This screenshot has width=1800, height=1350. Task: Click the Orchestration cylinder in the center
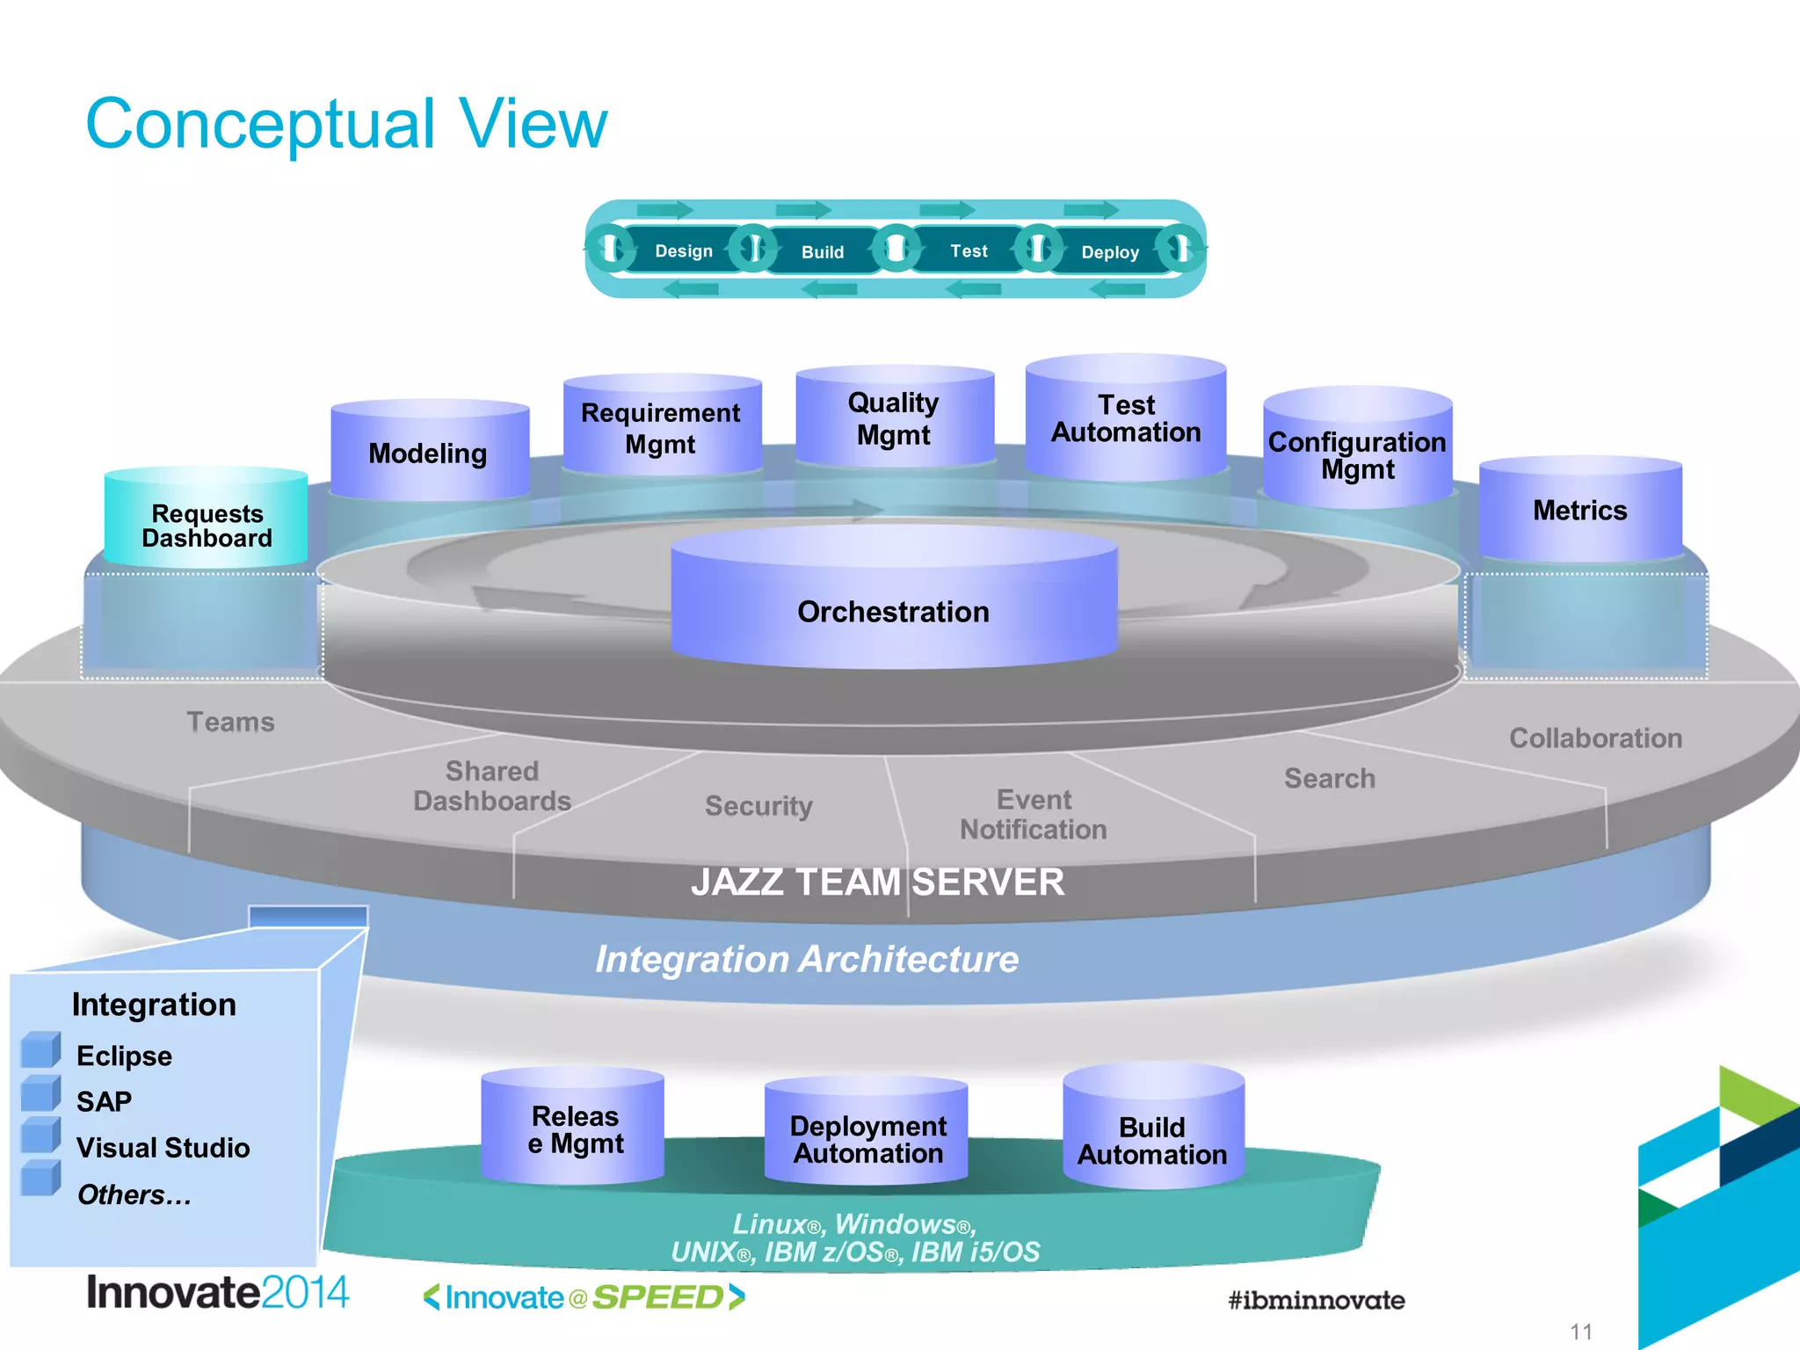[894, 606]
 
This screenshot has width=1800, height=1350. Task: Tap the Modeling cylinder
[429, 453]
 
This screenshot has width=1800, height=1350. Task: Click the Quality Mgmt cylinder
[894, 418]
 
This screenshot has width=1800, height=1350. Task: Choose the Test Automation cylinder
[1126, 418]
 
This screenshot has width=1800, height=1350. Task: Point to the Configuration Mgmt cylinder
[1357, 454]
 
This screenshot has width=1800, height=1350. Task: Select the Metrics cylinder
[1579, 511]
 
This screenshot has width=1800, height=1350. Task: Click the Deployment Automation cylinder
[867, 1137]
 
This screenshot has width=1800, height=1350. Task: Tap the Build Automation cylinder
[1152, 1139]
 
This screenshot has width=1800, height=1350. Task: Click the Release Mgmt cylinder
[575, 1129]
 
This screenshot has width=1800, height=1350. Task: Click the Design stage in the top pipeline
[683, 251]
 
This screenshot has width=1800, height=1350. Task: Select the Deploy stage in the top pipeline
[1109, 252]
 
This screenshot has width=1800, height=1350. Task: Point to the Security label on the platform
[758, 806]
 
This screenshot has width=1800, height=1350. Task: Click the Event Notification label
[1034, 815]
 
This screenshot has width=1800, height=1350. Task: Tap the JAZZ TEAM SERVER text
[877, 882]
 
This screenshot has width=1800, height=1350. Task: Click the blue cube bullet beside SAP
[40, 1095]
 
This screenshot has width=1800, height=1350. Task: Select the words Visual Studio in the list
[163, 1148]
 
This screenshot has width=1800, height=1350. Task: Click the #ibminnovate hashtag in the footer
[1316, 1300]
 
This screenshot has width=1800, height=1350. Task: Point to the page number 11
[1580, 1332]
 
